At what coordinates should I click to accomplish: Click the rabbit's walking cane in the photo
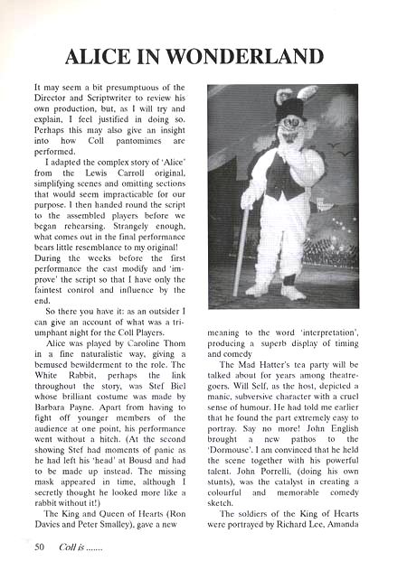(x=240, y=245)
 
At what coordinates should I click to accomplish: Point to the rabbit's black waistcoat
(x=289, y=177)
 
